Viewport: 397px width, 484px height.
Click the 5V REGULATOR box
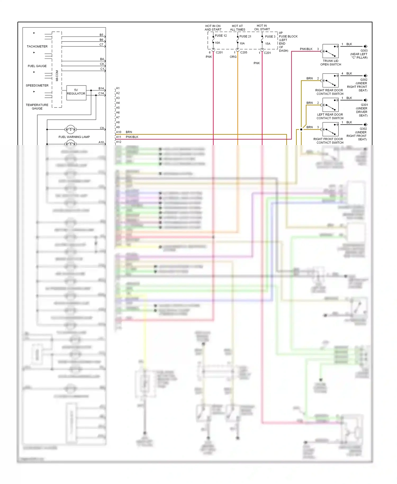(76, 92)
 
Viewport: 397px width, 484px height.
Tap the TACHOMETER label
(37, 46)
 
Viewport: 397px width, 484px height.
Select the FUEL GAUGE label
(37, 66)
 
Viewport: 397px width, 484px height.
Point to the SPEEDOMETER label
(37, 86)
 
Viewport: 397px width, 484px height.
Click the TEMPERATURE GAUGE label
(37, 107)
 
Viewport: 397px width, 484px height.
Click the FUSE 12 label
(221, 35)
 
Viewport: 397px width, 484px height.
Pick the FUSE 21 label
(245, 36)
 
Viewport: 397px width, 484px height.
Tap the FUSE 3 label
(270, 37)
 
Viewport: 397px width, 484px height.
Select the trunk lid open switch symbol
(330, 51)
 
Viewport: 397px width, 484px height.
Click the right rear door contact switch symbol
(330, 80)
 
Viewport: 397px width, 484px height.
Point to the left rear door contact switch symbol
(330, 105)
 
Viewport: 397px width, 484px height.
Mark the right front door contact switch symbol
(330, 129)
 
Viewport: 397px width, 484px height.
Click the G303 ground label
(364, 51)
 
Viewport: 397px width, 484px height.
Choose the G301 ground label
(364, 105)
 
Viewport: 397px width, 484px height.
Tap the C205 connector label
(243, 52)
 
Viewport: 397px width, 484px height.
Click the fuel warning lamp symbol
(70, 129)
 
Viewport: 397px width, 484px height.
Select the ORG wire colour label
(233, 57)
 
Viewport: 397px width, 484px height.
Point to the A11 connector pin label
(119, 137)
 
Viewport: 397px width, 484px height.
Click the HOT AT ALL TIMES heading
(237, 28)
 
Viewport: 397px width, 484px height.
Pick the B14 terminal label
(101, 88)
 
